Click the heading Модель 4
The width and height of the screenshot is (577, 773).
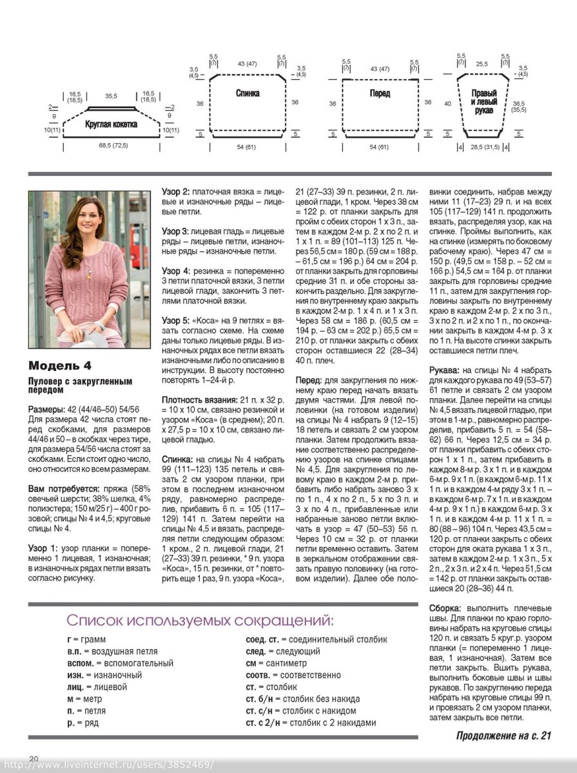coord(60,367)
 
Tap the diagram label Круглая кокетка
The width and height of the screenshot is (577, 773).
coord(111,124)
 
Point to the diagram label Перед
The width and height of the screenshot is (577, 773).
coord(380,93)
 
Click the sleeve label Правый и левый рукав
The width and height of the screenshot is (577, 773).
coord(484,102)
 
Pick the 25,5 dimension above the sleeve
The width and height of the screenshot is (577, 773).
coord(482,64)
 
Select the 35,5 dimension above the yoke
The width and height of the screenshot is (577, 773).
coord(112,96)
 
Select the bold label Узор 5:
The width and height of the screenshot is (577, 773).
coord(175,320)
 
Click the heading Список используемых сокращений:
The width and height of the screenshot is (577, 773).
coord(200,621)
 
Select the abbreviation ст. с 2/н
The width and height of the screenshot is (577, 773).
coord(264,723)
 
